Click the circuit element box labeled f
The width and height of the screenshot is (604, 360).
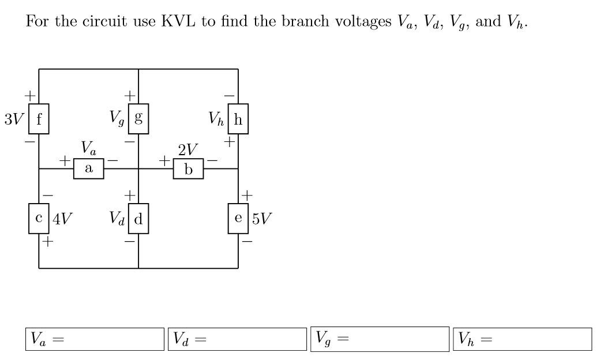pyautogui.click(x=39, y=121)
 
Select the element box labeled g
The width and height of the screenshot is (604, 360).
pyautogui.click(x=138, y=121)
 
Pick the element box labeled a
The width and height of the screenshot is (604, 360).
pyautogui.click(x=88, y=168)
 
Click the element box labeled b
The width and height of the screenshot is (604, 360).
pyautogui.click(x=188, y=169)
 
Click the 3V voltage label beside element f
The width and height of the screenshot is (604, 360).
pyautogui.click(x=14, y=121)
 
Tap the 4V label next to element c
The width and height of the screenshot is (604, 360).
pyautogui.click(x=62, y=219)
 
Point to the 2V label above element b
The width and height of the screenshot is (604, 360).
pyautogui.click(x=188, y=151)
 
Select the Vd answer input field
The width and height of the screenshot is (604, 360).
pyautogui.click(x=238, y=339)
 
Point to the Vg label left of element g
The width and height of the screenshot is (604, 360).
pyautogui.click(x=118, y=121)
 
